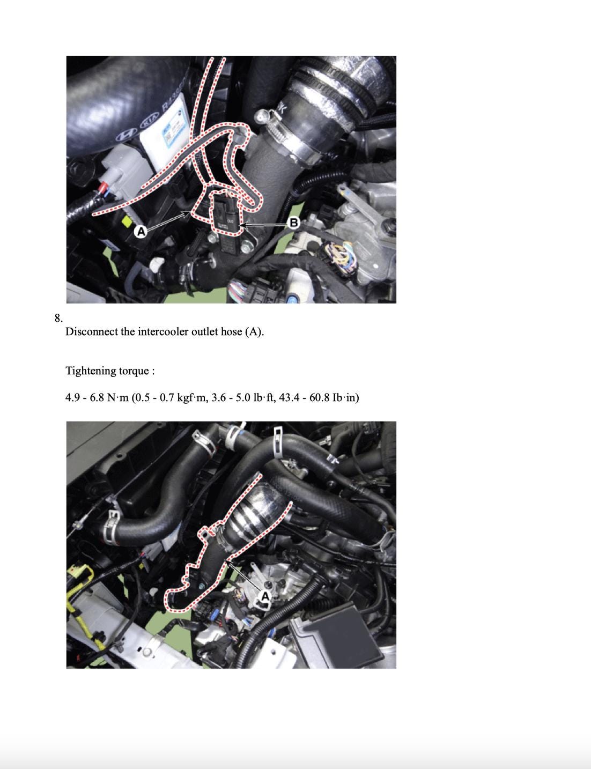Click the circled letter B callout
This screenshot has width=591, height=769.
point(294,223)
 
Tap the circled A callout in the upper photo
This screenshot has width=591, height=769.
point(141,232)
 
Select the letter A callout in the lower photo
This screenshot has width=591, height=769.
point(265,597)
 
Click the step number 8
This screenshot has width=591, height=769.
point(58,318)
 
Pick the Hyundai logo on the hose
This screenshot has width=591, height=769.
point(128,134)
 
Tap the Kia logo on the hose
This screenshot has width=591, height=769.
point(149,121)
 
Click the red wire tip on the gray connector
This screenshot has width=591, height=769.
point(104,184)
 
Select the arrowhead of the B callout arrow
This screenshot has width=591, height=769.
point(244,225)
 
